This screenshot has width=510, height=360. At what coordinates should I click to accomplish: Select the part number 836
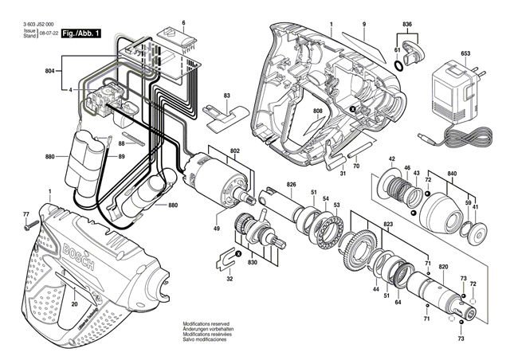[407, 25]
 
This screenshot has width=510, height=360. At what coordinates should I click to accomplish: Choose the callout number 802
[235, 151]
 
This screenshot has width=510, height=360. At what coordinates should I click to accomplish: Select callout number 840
[452, 174]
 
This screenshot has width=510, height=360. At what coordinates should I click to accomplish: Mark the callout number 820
[443, 267]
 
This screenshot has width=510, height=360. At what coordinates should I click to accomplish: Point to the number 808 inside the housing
[317, 112]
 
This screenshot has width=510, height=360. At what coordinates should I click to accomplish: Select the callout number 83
[227, 96]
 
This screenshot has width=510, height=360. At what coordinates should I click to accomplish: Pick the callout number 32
[229, 279]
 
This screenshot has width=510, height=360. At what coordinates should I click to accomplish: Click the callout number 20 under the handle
[73, 303]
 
